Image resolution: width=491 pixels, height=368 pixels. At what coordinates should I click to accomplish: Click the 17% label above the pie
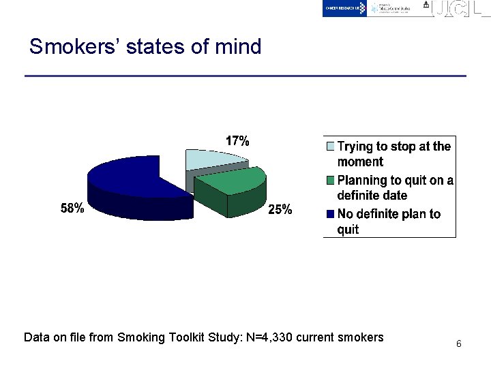click(x=237, y=141)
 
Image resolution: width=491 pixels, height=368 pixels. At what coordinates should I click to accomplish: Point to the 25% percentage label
click(x=280, y=210)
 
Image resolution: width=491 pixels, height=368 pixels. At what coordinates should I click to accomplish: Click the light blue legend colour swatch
click(x=330, y=147)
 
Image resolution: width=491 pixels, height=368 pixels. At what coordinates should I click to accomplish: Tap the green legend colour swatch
click(x=330, y=181)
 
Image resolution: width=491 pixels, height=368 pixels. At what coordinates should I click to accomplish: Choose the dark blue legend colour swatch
click(x=330, y=214)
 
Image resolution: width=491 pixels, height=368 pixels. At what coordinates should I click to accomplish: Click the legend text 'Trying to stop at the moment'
click(x=394, y=154)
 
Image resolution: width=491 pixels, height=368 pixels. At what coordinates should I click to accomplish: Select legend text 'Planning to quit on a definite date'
click(x=396, y=187)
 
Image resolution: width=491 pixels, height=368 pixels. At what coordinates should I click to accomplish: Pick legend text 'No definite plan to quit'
click(x=389, y=221)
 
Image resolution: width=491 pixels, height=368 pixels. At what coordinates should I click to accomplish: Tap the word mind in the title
click(x=238, y=47)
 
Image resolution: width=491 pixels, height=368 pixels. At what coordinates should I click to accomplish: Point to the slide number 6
click(x=459, y=344)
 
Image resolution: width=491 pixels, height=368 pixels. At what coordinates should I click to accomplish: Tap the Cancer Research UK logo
click(x=345, y=8)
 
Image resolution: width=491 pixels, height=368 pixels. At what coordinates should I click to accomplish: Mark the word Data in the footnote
click(x=36, y=337)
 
